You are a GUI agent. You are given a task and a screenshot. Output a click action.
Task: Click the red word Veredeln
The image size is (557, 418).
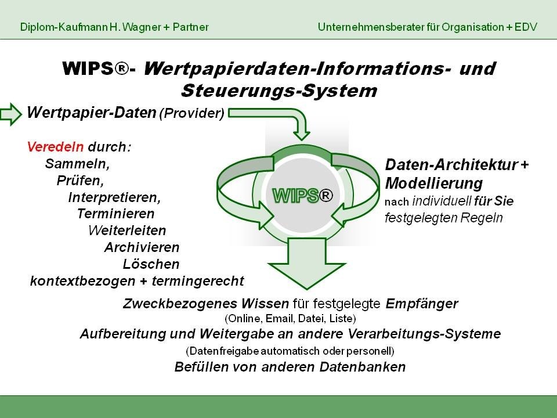(56, 147)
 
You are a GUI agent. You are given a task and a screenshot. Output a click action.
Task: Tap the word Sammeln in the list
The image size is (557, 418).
(77, 164)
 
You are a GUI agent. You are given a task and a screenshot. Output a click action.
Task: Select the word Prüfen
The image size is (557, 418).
(80, 180)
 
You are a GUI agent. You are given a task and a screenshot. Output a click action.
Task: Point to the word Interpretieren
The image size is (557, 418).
(114, 197)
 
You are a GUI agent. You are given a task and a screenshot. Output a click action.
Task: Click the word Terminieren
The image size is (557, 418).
(116, 214)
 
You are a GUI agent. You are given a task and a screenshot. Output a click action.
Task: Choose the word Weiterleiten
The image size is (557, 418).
(127, 230)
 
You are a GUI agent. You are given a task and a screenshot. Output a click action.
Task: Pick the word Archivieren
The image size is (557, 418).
(142, 247)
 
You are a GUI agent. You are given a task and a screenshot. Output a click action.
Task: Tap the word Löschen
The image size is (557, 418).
(151, 264)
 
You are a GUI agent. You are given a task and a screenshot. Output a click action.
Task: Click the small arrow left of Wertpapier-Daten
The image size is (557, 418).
(10, 114)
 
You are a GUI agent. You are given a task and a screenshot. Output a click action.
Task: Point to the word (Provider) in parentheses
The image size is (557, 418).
(192, 113)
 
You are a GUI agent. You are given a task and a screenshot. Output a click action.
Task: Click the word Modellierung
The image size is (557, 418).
(434, 183)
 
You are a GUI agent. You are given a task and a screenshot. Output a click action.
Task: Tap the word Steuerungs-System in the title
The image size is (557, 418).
(279, 91)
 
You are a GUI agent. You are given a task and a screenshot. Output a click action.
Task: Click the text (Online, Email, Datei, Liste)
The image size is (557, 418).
(290, 319)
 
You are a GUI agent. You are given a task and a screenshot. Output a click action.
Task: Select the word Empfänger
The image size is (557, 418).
(422, 304)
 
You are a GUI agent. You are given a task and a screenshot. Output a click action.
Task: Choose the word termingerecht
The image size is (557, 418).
(198, 281)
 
